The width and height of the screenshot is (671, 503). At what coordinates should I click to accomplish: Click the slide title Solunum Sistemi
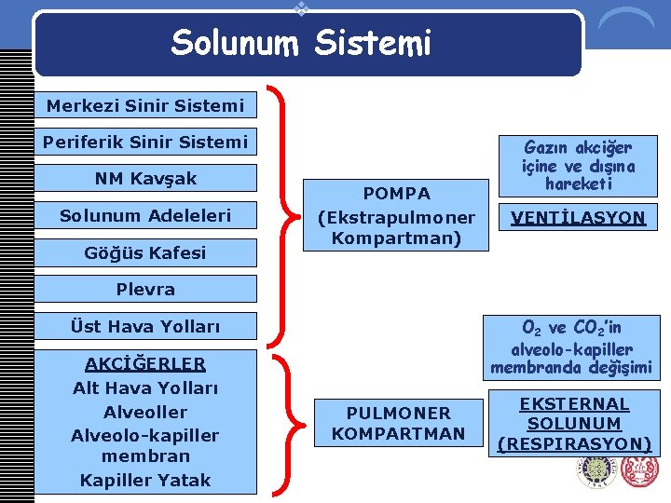[301, 43]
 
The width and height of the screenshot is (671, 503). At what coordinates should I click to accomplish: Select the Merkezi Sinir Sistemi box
[145, 105]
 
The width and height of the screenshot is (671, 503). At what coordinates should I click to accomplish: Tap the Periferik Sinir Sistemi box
[145, 142]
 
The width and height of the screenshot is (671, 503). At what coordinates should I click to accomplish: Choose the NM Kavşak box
[145, 178]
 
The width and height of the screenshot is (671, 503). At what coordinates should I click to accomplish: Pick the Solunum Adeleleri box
[145, 215]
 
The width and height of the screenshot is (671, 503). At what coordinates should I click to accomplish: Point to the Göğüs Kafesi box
[145, 252]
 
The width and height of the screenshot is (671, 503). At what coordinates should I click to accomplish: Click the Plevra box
[145, 289]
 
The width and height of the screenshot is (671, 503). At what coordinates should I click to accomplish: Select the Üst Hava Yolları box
[145, 326]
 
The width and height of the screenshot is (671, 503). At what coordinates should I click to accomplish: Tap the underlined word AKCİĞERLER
[145, 363]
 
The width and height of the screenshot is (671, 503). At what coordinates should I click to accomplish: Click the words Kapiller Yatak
[145, 480]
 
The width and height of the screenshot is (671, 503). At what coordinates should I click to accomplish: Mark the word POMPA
[397, 194]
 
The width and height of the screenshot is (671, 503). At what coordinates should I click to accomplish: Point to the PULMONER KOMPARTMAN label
[398, 423]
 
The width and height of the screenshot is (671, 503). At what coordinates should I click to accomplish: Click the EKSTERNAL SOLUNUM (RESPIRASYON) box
[574, 424]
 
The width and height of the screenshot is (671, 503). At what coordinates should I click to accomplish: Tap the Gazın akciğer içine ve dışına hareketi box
[578, 165]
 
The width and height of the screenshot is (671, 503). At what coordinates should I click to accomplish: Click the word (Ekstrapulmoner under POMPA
[397, 217]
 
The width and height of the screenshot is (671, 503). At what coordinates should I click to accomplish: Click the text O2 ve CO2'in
[572, 328]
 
